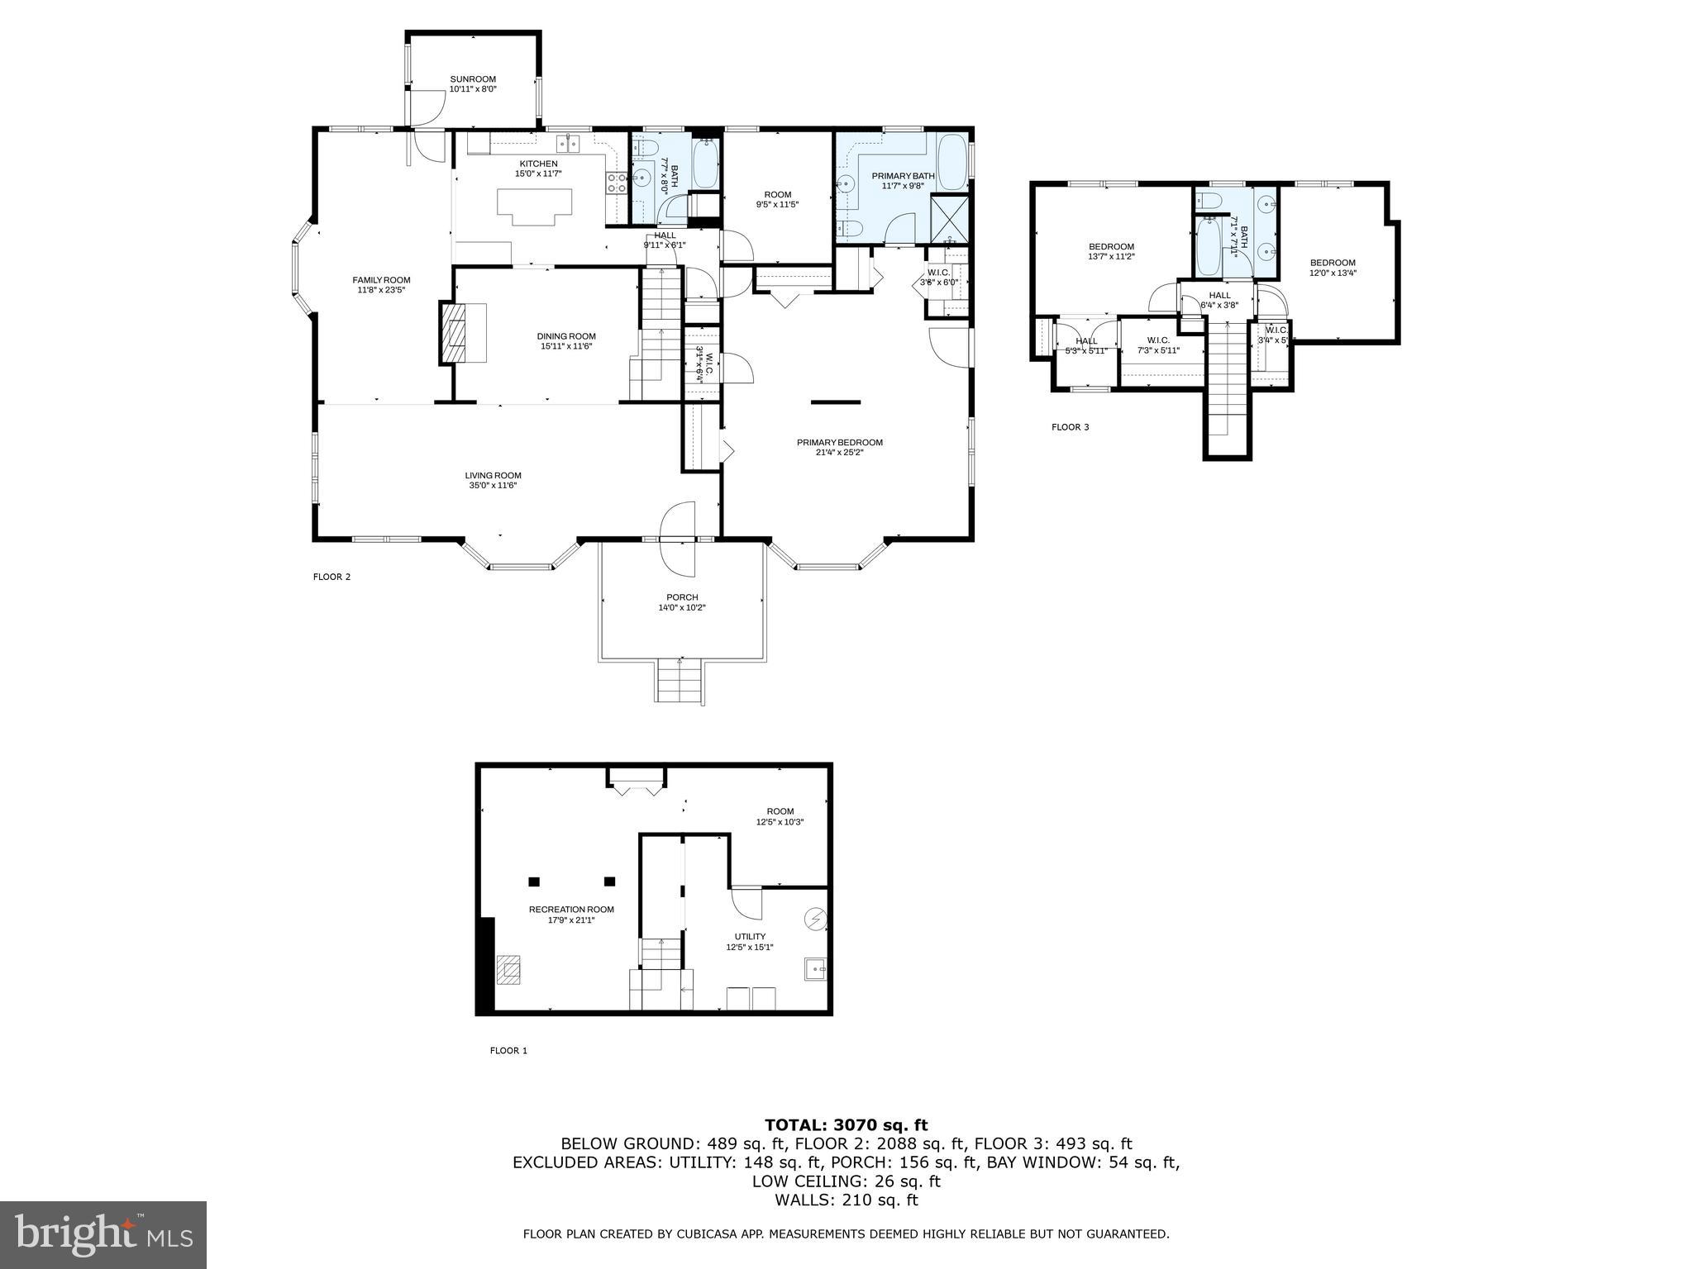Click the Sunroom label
pyautogui.click(x=473, y=79)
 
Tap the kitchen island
pyautogui.click(x=535, y=205)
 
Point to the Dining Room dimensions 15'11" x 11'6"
pyautogui.click(x=566, y=346)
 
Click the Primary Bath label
pyautogui.click(x=903, y=176)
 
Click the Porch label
pyautogui.click(x=682, y=597)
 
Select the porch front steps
pyautogui.click(x=680, y=682)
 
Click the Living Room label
pyautogui.click(x=493, y=475)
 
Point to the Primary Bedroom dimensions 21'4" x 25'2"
pyautogui.click(x=840, y=453)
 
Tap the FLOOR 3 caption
pyautogui.click(x=1070, y=427)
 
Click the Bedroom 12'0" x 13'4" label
pyautogui.click(x=1333, y=263)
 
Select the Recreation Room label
pyautogui.click(x=571, y=910)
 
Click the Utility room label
pyautogui.click(x=750, y=937)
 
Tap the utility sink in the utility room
pyautogui.click(x=815, y=968)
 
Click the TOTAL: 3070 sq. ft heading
pyautogui.click(x=846, y=1125)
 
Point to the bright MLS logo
pyautogui.click(x=103, y=1235)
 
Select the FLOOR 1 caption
pyautogui.click(x=508, y=1051)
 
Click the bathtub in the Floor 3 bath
pyautogui.click(x=1209, y=247)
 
